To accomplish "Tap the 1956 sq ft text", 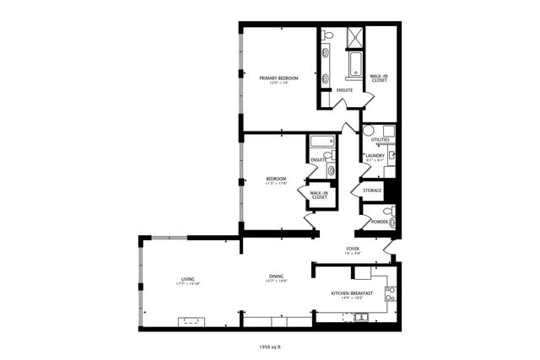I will click(x=270, y=346).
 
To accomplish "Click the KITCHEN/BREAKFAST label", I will click(x=352, y=293).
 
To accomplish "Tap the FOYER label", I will click(x=353, y=249).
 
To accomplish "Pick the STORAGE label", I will click(x=372, y=191).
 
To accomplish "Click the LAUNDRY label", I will click(x=375, y=155).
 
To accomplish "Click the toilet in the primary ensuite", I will click(x=328, y=36).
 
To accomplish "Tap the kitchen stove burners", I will click(x=390, y=294).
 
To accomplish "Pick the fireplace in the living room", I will click(x=190, y=321).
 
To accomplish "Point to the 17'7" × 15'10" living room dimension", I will click(x=187, y=284).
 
